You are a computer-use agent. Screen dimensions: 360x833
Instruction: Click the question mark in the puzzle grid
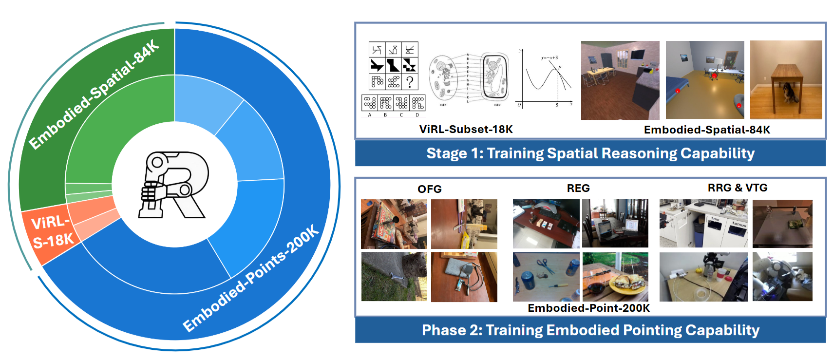pos(410,81)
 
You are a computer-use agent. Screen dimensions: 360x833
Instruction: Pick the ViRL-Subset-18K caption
pos(466,130)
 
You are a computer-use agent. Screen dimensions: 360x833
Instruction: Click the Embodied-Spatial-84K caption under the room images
pos(707,130)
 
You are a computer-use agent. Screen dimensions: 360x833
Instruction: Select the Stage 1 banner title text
pos(590,153)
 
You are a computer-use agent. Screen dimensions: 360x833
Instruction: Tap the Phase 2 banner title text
pos(590,330)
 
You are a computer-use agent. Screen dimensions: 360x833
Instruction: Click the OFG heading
pos(429,189)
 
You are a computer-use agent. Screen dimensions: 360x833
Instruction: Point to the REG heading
pos(578,189)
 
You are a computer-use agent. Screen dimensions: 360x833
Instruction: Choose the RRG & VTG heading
pos(737,188)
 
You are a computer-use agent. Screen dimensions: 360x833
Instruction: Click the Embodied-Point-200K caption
pos(588,308)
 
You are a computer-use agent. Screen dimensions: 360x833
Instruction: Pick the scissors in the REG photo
pos(546,265)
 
